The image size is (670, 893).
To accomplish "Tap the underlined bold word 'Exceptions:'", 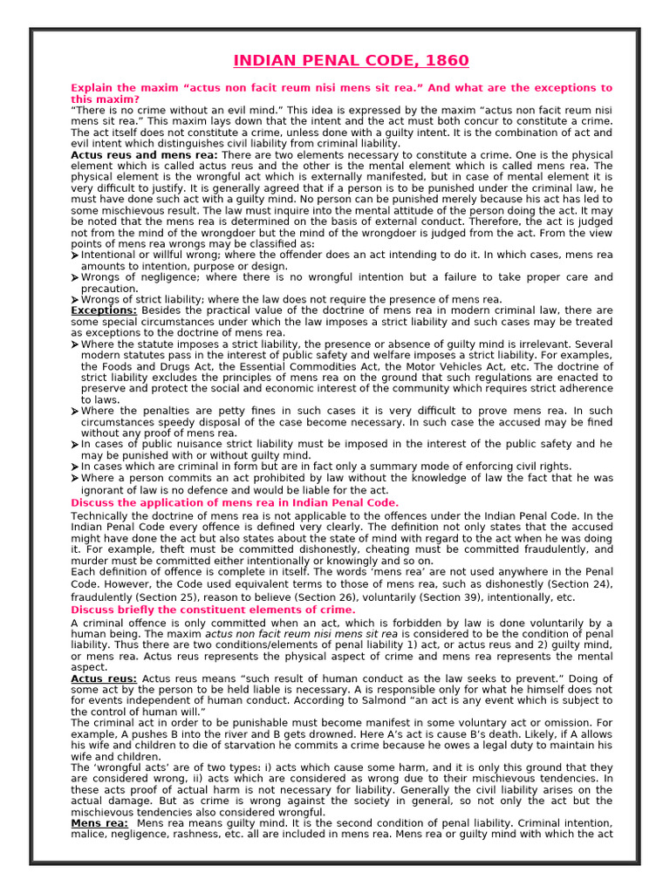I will click(x=104, y=310).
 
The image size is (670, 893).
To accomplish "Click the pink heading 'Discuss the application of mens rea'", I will click(x=234, y=503).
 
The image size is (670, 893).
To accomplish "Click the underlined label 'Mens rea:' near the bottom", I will click(x=99, y=823).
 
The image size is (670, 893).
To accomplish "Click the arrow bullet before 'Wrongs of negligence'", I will click(x=75, y=278).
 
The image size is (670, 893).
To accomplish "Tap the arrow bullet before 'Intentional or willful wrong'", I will click(x=75, y=256).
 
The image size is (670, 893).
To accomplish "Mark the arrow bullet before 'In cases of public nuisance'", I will click(x=75, y=445).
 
